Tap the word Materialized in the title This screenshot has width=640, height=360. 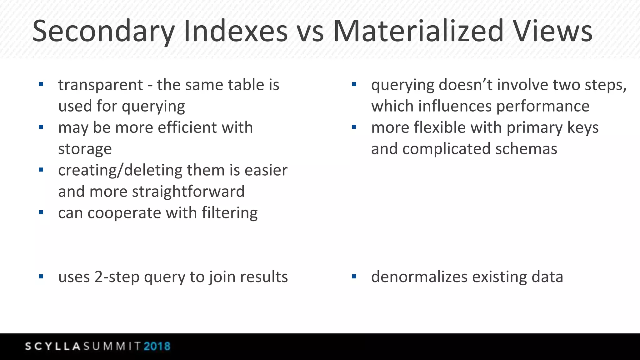[418, 31]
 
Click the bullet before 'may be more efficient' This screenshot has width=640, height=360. [41, 127]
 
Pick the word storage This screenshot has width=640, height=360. [85, 149]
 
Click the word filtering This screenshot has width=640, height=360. [230, 213]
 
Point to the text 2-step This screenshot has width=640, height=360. [117, 277]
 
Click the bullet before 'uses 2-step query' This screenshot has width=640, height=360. [41, 277]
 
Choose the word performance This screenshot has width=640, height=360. [543, 106]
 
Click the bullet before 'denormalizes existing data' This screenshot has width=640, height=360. [354, 277]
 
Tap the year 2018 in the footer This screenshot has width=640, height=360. [157, 346]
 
